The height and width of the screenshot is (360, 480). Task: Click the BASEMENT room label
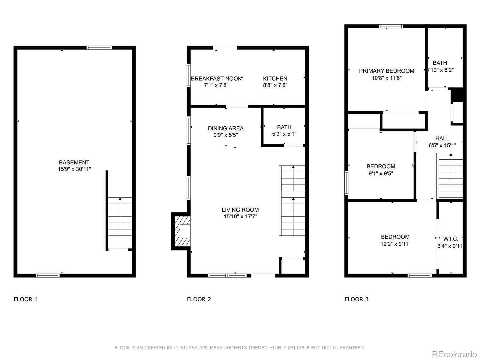(74, 162)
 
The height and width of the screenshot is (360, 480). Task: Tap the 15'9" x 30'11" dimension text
(74, 169)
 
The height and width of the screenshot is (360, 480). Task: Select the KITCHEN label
(275, 79)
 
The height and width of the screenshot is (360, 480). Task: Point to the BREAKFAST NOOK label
(216, 79)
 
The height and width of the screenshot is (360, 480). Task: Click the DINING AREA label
(226, 128)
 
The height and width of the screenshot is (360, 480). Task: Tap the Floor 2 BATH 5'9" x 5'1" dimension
(284, 134)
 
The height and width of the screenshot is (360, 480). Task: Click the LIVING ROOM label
(240, 210)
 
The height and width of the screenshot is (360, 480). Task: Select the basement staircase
(120, 217)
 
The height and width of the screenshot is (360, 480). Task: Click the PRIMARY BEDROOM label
(386, 71)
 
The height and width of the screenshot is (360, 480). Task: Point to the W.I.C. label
(451, 239)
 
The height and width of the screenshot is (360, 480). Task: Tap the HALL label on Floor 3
(442, 139)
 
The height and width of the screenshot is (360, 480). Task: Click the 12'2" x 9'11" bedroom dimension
(395, 244)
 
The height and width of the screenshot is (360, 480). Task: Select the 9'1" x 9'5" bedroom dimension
(381, 173)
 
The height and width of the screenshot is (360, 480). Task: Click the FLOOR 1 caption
(25, 299)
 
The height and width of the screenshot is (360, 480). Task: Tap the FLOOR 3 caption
(356, 299)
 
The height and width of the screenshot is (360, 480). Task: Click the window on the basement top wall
(99, 47)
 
